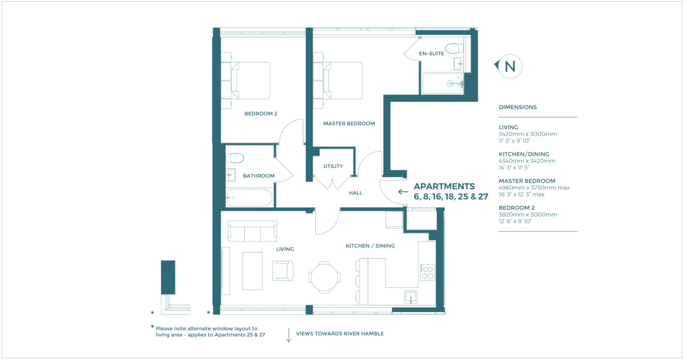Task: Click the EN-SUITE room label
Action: click(431, 53)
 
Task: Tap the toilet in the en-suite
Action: click(454, 48)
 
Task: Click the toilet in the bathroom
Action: click(235, 158)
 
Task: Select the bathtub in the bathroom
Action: click(249, 198)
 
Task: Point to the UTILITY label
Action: click(333, 166)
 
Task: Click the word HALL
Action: click(355, 193)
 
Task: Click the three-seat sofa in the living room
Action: click(252, 231)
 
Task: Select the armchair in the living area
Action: click(283, 271)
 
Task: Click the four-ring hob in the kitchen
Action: click(427, 273)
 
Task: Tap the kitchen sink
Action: click(410, 297)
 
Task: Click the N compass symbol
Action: click(509, 66)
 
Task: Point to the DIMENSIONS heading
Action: click(517, 107)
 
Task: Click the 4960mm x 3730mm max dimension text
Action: click(534, 188)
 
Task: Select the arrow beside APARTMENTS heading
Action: click(403, 192)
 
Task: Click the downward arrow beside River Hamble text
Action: click(289, 335)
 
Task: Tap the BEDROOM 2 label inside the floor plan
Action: click(261, 114)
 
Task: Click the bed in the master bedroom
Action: click(342, 80)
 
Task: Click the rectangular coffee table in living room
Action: click(252, 271)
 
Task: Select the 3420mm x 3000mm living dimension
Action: click(527, 134)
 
